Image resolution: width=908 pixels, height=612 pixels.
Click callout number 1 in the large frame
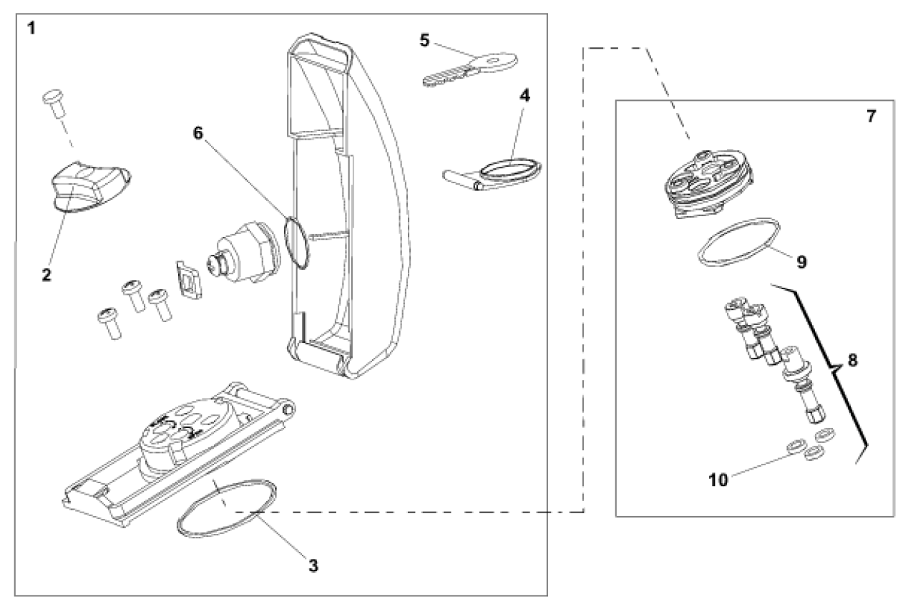click(x=31, y=29)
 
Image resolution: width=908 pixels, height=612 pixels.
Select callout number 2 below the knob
click(x=47, y=275)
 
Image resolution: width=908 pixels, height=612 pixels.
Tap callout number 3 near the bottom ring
click(x=313, y=565)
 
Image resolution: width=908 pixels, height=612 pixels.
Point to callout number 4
click(x=524, y=96)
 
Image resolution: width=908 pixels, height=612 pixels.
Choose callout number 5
click(x=424, y=41)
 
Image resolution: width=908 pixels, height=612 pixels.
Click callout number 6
click(x=197, y=133)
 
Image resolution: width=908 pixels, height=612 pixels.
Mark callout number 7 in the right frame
click(x=871, y=117)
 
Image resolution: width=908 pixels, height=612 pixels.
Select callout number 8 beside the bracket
click(x=853, y=360)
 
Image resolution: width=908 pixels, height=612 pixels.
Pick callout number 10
click(x=718, y=480)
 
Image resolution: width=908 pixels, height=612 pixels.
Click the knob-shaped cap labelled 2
click(x=90, y=186)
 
